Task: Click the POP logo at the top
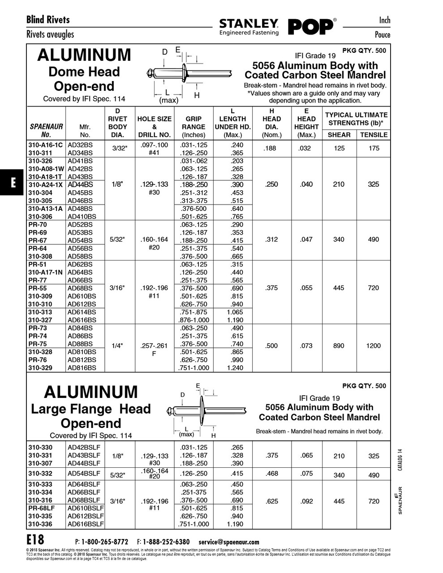pos(311,27)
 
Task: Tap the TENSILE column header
pos(374,135)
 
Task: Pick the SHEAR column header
pos(339,135)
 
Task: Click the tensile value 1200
pos(374,346)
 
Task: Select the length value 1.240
pos(235,368)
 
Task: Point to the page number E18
pos(35,539)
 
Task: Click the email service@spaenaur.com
pos(229,542)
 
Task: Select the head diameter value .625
pos(272,501)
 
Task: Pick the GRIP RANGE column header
pos(194,127)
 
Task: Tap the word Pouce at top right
pos(382,35)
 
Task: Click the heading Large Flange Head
pos(91,409)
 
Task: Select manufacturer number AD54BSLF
pos(84,474)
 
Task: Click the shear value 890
pos(339,346)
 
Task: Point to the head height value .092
pos(306,501)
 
